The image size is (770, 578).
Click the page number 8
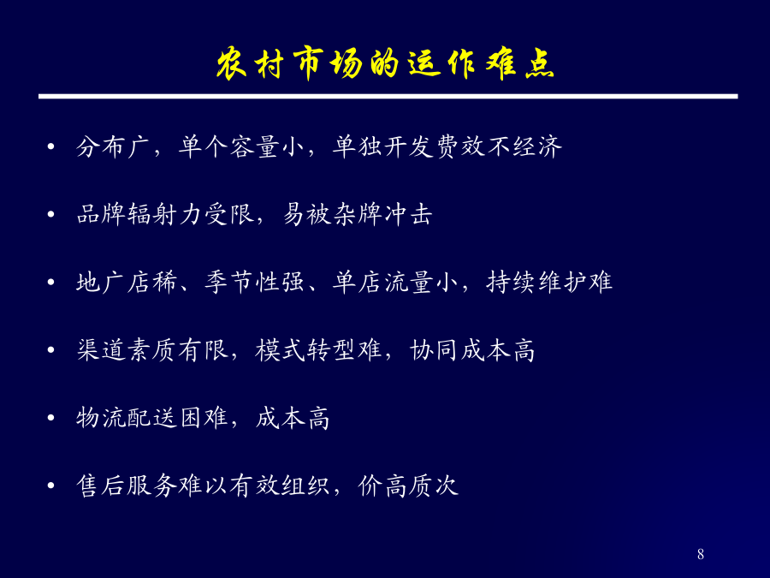click(700, 554)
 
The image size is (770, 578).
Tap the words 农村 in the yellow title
click(251, 64)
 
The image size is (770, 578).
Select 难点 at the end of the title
click(520, 64)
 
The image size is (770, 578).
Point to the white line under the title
click(388, 96)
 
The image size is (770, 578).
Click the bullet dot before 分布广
click(50, 146)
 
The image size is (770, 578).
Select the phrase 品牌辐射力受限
click(165, 214)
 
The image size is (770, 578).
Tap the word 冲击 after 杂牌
click(408, 214)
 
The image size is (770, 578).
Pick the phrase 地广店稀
click(127, 282)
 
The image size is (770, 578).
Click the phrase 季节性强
click(254, 282)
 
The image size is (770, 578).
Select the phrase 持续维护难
click(549, 282)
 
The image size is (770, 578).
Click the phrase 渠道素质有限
click(152, 350)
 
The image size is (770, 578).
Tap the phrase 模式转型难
click(319, 350)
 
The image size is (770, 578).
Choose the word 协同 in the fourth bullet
click(434, 350)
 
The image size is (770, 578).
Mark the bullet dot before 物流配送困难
click(50, 418)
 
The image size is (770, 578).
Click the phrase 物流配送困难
click(152, 418)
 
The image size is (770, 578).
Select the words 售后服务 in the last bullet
click(127, 486)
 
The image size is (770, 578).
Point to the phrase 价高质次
click(408, 486)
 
